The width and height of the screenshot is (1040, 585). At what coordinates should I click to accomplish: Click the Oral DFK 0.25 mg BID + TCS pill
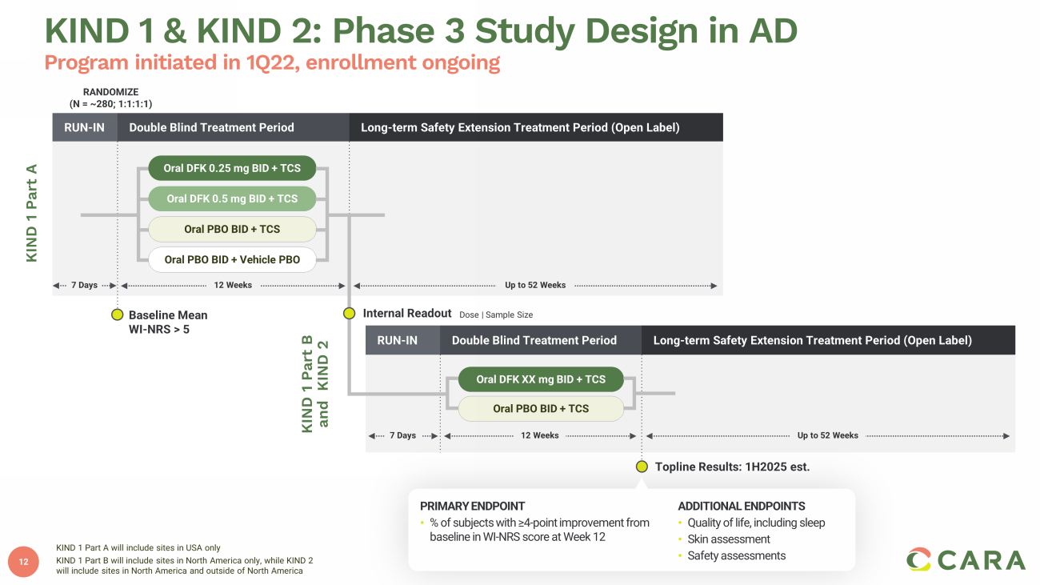point(232,168)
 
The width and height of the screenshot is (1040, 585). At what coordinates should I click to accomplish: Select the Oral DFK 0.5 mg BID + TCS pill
point(232,198)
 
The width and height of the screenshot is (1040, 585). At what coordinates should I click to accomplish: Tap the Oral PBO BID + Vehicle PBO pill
point(232,259)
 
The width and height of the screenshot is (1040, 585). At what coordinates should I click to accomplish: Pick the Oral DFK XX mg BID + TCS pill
point(541,379)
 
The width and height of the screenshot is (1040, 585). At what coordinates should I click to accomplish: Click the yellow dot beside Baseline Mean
point(118,315)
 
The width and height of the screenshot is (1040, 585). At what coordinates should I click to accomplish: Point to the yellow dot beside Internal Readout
point(349,314)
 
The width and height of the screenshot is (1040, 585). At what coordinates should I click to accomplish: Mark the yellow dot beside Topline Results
point(642,467)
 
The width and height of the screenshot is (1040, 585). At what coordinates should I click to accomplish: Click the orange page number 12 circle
point(23,562)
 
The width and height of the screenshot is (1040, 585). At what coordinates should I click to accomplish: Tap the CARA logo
point(966,559)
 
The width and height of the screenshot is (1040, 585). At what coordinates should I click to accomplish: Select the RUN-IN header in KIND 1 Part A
point(85,127)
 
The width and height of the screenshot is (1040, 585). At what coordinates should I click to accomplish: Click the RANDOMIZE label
point(110,92)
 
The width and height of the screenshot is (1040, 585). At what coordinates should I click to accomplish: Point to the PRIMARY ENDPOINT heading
point(472,506)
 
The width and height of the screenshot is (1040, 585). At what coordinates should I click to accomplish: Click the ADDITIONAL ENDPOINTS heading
point(742,506)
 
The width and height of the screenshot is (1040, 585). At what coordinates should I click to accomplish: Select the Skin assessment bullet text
point(729,539)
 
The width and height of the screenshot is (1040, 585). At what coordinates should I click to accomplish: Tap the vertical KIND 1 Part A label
point(31,213)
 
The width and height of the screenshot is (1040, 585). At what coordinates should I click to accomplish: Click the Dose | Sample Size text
point(496,315)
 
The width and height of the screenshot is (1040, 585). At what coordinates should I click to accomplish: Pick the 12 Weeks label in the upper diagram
point(233,285)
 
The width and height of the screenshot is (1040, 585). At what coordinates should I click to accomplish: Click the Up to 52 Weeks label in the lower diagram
point(827,435)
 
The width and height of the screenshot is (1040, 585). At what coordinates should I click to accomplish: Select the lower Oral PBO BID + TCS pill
point(541,409)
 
